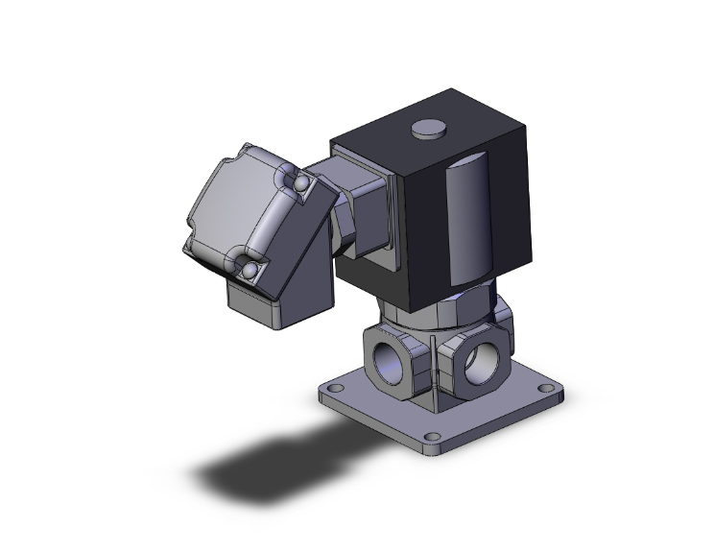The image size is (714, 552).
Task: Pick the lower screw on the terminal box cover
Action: click(x=249, y=272)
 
